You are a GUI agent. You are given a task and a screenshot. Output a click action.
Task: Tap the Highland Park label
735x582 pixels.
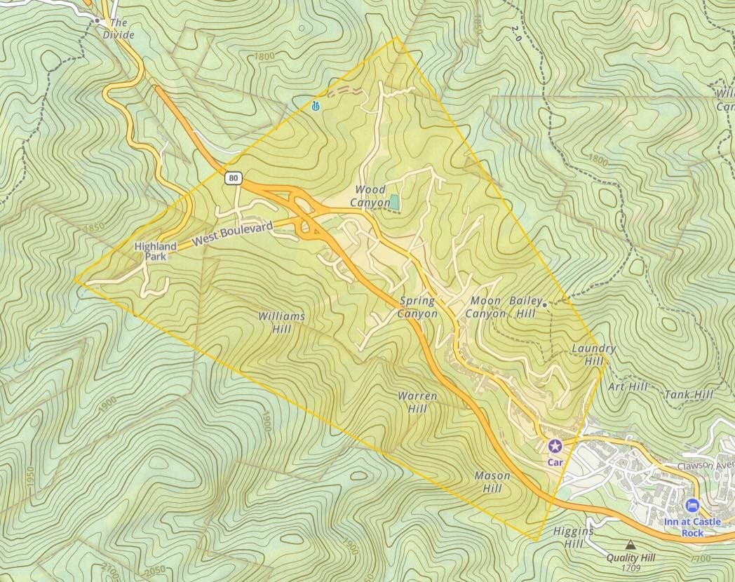click(156, 252)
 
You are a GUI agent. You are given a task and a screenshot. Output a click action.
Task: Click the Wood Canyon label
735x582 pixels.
click(372, 196)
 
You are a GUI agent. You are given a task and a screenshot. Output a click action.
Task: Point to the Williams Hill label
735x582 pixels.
click(281, 323)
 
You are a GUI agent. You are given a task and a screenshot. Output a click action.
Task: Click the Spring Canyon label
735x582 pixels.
click(417, 307)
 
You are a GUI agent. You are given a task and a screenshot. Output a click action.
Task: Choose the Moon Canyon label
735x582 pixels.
click(485, 307)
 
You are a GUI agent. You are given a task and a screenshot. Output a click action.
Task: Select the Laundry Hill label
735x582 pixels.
click(593, 355)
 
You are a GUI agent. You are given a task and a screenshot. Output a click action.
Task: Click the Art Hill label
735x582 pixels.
click(628, 386)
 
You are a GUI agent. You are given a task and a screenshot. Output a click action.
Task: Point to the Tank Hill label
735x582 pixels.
click(688, 395)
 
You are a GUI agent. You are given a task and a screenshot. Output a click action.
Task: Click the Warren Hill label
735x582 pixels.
click(417, 402)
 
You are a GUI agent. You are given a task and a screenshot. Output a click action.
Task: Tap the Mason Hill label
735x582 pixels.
click(492, 482)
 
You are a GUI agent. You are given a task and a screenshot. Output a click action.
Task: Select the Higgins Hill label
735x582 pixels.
click(573, 538)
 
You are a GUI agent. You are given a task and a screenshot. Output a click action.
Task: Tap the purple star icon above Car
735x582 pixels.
click(555, 445)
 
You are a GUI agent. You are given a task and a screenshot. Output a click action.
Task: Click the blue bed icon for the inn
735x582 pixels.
click(693, 506)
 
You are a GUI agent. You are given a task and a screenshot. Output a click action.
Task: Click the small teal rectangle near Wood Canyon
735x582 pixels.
click(396, 203)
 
